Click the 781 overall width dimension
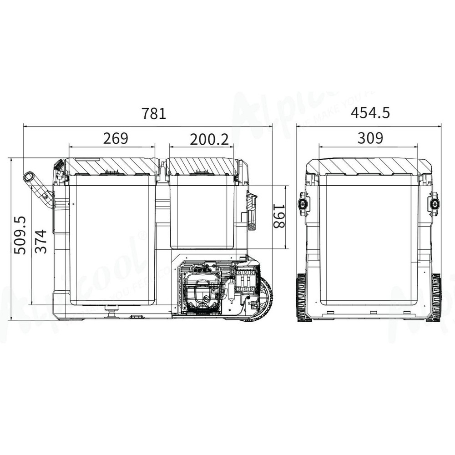pos(154,113)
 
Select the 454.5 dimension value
pos(370,112)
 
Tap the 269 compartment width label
pos(115,138)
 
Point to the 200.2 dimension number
pos(209,139)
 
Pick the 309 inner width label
pos(370,138)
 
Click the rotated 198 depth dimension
pos(278,216)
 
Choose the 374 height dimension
pos(41,241)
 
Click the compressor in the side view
pos(199,288)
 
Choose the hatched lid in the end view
pos(369,166)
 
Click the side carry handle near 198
pos(252,209)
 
